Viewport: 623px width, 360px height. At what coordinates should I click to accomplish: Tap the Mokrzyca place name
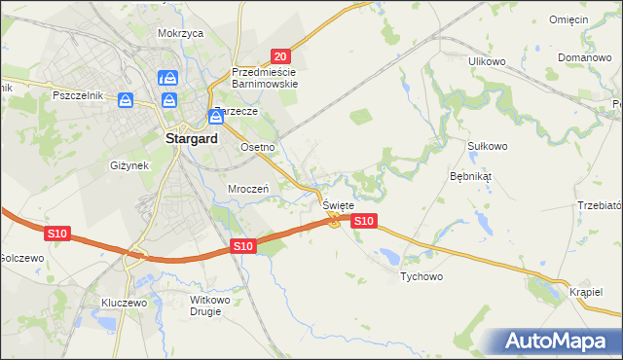coord(180,33)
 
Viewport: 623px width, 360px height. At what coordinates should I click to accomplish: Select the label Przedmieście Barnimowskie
coord(264,78)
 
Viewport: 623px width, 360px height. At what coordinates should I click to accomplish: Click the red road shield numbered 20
coord(280,57)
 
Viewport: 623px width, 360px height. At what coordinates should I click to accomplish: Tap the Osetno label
coord(259,147)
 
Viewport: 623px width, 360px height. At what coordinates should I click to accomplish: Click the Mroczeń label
coord(247,188)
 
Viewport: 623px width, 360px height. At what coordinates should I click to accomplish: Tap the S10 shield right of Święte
coord(363,222)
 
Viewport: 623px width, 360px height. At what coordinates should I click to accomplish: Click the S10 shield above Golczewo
coord(56,234)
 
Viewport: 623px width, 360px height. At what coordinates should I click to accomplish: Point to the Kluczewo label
coord(124,303)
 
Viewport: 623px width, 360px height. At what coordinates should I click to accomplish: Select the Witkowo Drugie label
coord(214,306)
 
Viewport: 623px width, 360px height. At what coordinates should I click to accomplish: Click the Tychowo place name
coord(421,277)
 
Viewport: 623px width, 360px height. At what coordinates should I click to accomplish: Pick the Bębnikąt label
coord(471,177)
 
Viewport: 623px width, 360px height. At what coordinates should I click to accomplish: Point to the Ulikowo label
coord(487,61)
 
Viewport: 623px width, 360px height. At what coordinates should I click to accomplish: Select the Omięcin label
coord(568,19)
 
